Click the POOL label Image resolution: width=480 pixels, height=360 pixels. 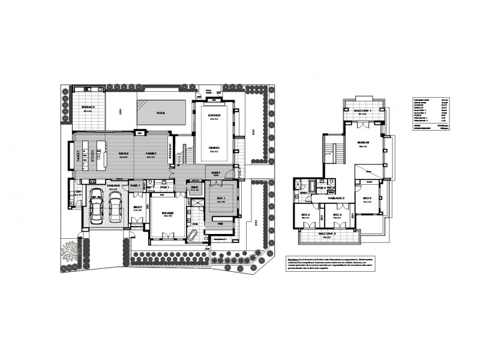(x=160, y=112)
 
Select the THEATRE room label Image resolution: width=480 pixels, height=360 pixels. (x=167, y=213)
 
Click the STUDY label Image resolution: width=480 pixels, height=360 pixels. (x=137, y=208)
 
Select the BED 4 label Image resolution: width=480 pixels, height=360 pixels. (x=305, y=215)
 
